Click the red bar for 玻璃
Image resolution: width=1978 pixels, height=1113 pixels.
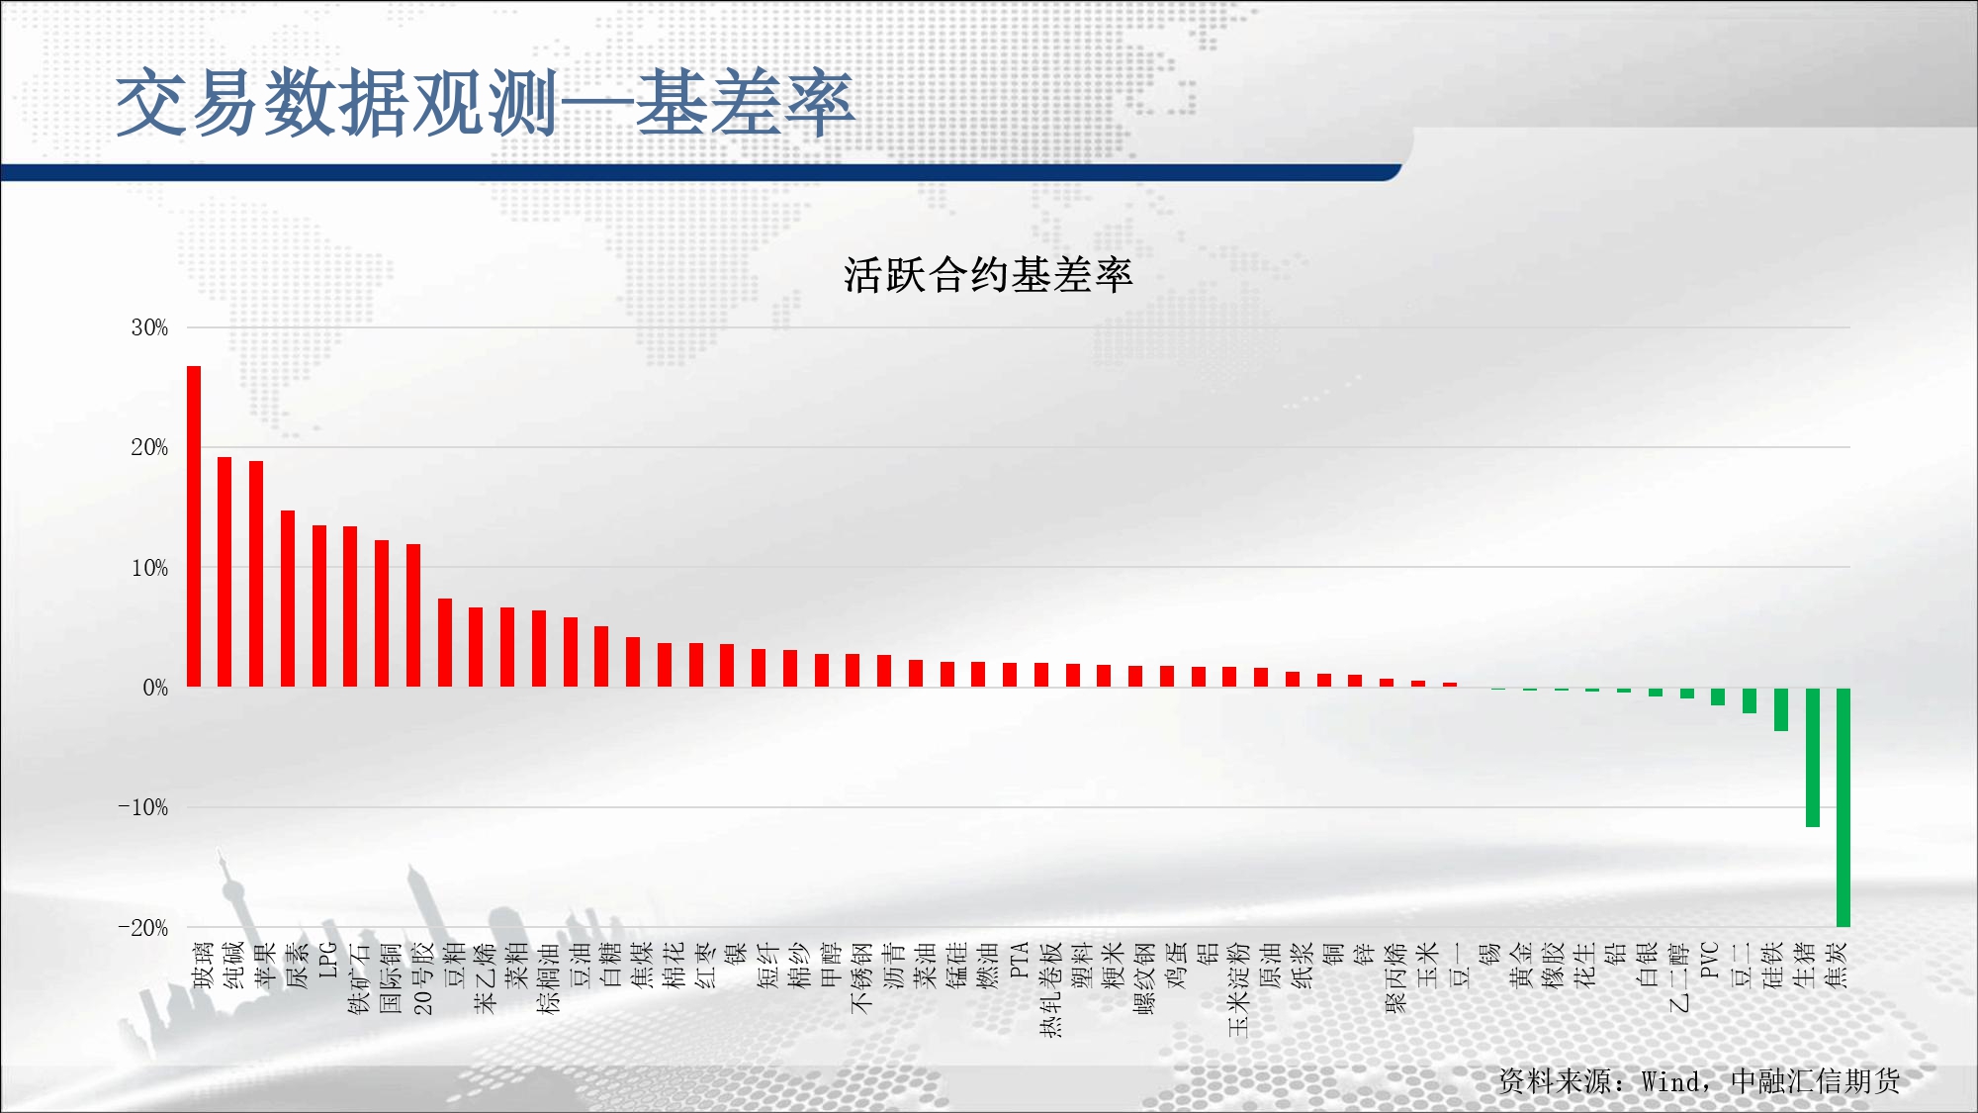click(x=194, y=526)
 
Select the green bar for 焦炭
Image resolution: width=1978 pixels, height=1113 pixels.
click(x=1843, y=807)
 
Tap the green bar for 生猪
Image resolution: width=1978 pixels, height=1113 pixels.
click(x=1812, y=757)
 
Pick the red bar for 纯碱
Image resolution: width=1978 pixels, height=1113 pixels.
click(x=225, y=572)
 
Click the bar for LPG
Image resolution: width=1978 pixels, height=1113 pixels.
click(x=319, y=606)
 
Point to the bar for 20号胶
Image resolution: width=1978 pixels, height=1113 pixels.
click(x=413, y=615)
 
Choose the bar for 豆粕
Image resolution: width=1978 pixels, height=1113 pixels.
click(x=445, y=643)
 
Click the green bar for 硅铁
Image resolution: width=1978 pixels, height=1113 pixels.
click(x=1780, y=709)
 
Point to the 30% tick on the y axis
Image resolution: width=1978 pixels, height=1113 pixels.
click(x=149, y=327)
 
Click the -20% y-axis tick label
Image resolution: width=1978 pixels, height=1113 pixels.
click(x=143, y=928)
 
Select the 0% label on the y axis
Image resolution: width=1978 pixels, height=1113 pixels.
click(x=155, y=688)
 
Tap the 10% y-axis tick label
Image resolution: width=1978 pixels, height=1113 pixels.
click(x=149, y=568)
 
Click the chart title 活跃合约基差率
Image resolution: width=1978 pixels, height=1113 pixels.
click(x=988, y=274)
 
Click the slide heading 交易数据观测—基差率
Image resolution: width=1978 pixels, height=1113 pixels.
click(x=485, y=102)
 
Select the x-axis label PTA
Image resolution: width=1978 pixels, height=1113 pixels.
click(x=1020, y=960)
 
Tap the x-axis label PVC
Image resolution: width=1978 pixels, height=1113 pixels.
click(x=1710, y=960)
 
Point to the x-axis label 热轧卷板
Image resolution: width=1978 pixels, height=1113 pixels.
click(x=1050, y=989)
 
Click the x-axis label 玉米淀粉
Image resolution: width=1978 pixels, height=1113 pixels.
click(x=1239, y=989)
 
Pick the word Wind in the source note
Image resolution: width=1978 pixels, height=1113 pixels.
click(x=1670, y=1081)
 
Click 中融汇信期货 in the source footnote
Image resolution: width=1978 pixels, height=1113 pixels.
click(x=1816, y=1080)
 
